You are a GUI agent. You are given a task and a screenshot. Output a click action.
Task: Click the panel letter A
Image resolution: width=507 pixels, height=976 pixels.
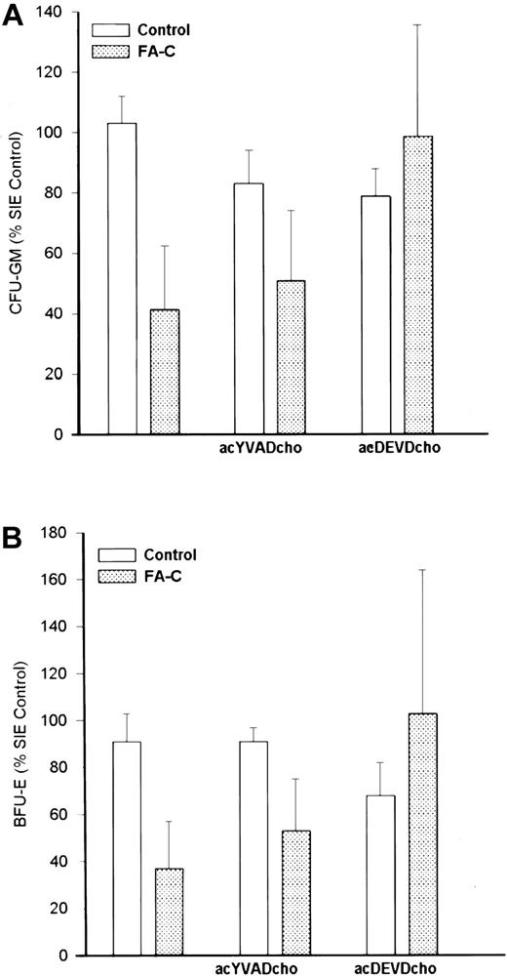tap(13, 16)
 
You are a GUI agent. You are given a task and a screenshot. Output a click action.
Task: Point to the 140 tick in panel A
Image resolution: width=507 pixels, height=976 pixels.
tap(63, 12)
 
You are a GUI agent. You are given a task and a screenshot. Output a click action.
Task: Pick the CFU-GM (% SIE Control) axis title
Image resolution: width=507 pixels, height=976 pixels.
tap(17, 223)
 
